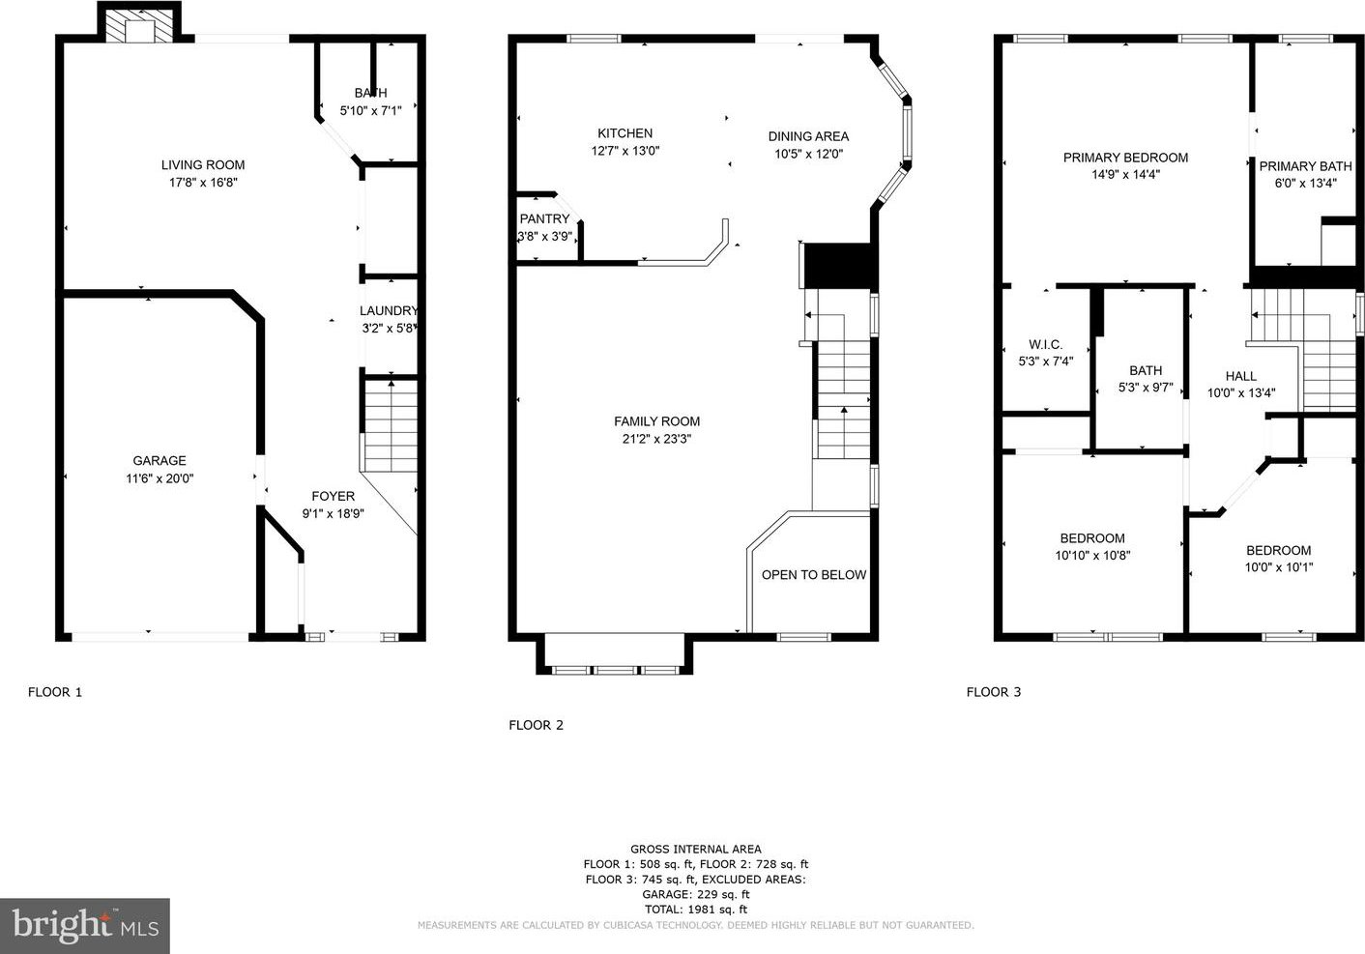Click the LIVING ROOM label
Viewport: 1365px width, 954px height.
point(203,165)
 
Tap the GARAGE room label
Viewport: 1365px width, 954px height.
point(160,460)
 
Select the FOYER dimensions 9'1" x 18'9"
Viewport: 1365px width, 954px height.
point(334,513)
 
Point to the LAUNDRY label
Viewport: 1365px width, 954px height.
point(389,310)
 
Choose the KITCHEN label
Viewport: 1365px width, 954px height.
point(625,133)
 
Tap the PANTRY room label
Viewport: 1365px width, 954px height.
point(545,218)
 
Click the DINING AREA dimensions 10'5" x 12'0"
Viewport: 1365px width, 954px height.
point(808,154)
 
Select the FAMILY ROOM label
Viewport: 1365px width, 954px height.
point(657,421)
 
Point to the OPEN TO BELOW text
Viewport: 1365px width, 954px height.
point(814,575)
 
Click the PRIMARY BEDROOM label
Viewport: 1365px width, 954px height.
point(1125,158)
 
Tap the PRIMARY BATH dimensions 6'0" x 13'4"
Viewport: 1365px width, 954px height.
point(1306,183)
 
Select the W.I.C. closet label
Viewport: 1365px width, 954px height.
point(1046,344)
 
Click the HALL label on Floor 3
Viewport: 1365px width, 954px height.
point(1241,376)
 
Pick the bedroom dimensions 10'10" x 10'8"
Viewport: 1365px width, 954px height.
point(1092,556)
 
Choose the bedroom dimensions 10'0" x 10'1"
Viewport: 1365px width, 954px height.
point(1278,567)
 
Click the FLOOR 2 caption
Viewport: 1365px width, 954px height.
point(537,725)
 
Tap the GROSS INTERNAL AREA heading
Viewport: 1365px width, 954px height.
point(696,850)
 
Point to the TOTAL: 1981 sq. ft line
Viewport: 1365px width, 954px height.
point(696,910)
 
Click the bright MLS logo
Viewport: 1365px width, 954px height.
point(85,926)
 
